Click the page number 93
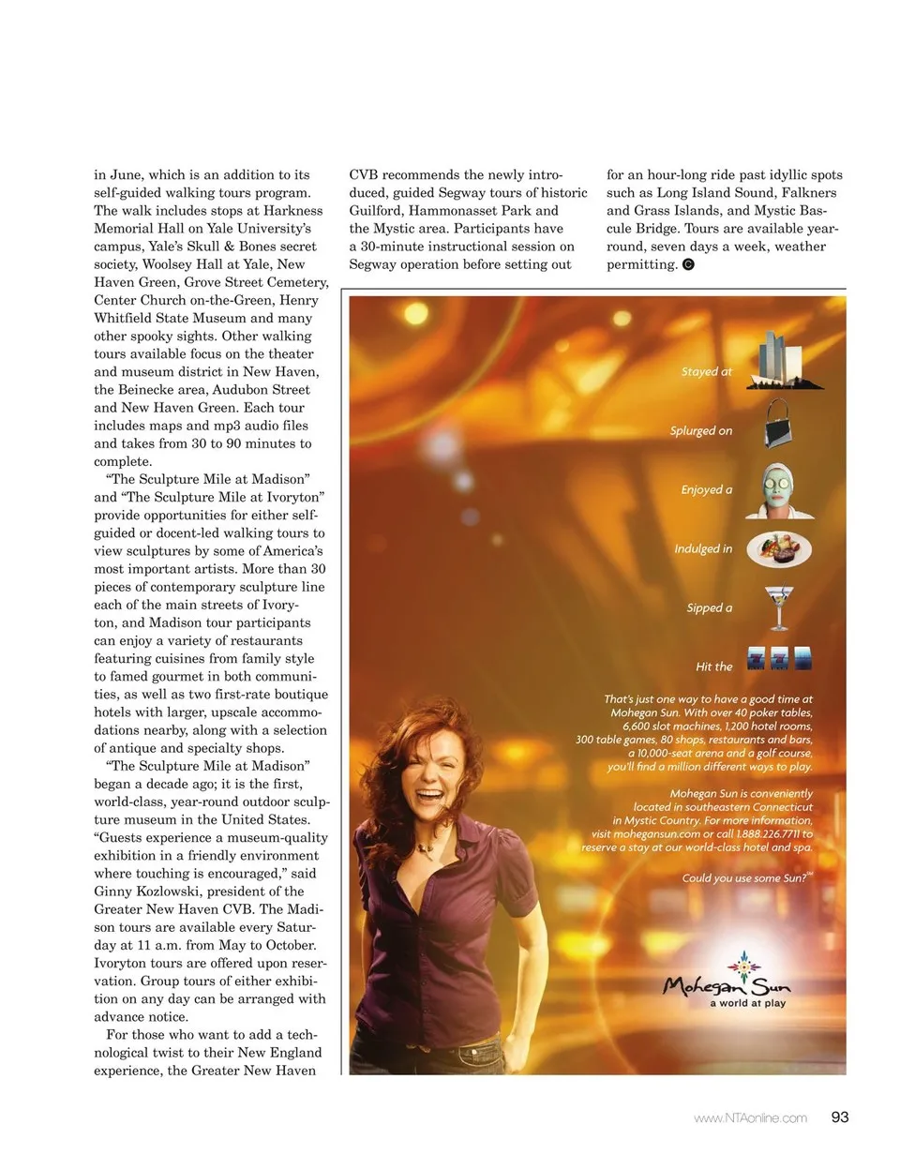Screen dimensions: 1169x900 (839, 1117)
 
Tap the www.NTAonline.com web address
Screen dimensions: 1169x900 (750, 1117)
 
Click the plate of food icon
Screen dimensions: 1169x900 (779, 548)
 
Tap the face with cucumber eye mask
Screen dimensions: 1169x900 (778, 488)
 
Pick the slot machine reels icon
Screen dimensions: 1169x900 (778, 658)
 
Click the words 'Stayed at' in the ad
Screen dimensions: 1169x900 (706, 372)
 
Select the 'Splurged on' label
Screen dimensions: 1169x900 (700, 431)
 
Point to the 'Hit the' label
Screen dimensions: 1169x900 (713, 667)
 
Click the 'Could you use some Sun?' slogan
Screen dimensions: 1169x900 (746, 878)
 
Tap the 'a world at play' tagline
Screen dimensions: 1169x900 (747, 1003)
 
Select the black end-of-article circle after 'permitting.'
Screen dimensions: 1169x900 (688, 264)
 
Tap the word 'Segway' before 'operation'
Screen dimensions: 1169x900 (374, 264)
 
